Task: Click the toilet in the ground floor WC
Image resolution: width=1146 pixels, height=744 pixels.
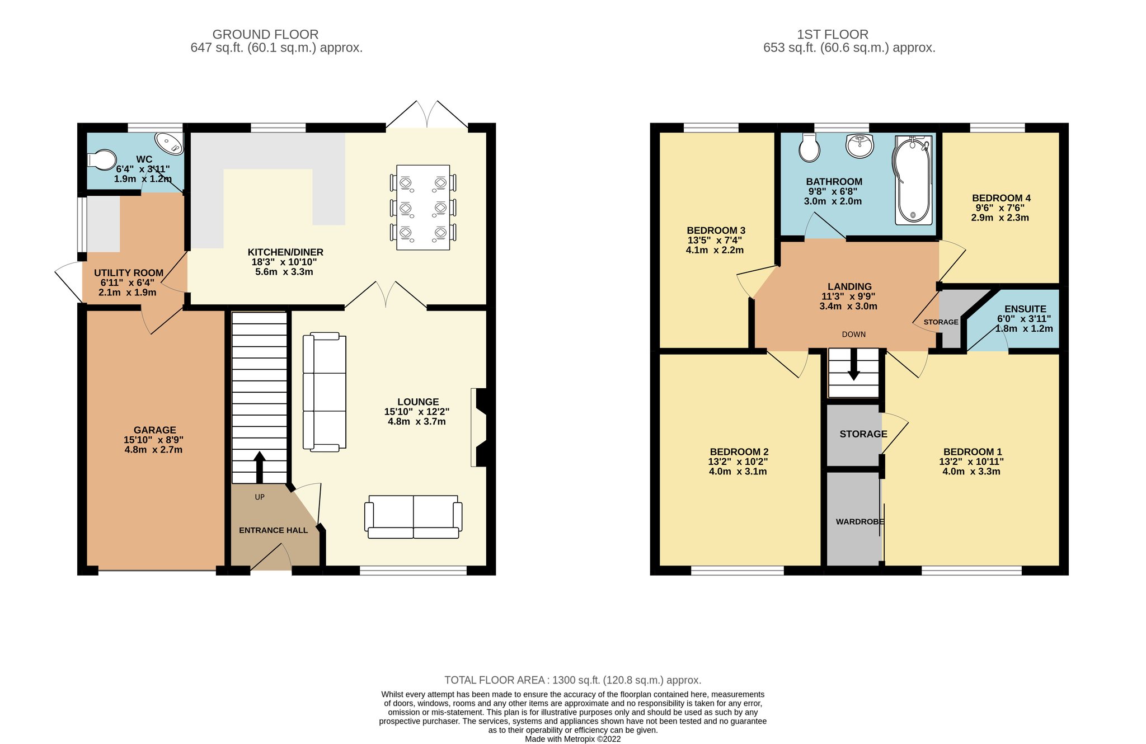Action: click(101, 159)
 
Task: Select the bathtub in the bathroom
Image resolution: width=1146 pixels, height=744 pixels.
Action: click(913, 180)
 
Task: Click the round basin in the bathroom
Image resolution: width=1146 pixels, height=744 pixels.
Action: click(859, 146)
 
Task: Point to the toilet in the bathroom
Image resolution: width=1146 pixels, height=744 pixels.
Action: click(809, 147)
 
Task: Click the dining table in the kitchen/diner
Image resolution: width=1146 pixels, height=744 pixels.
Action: click(423, 207)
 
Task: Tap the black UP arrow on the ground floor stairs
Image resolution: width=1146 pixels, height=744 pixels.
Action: click(259, 468)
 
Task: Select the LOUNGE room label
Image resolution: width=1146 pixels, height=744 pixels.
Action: click(418, 402)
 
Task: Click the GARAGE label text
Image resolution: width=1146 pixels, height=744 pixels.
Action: click(155, 430)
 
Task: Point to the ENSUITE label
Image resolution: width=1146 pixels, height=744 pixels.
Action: click(1025, 309)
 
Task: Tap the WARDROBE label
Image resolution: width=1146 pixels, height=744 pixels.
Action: click(860, 521)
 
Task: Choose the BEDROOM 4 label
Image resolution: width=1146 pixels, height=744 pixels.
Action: click(1001, 198)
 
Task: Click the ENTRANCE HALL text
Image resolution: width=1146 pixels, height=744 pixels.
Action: click(273, 530)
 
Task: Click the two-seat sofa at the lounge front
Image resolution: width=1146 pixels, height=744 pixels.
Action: click(414, 517)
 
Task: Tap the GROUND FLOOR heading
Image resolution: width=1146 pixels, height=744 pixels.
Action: click(265, 35)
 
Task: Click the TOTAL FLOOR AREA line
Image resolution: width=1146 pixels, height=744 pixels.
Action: click(572, 680)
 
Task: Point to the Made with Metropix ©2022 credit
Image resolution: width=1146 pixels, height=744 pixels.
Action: click(572, 739)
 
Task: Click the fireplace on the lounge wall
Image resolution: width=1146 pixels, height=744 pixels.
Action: click(480, 427)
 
